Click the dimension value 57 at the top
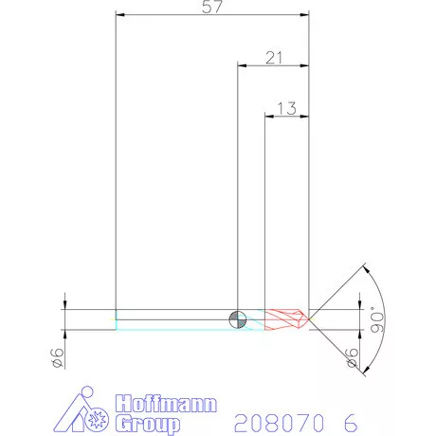tap(212, 9)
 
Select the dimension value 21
tap(275, 59)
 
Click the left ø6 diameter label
tap(58, 357)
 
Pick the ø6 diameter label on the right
tap(354, 357)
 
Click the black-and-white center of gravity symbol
tap(237, 318)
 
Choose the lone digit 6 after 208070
tap(351, 420)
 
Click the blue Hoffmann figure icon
tap(90, 410)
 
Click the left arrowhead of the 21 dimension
tap(240, 66)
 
